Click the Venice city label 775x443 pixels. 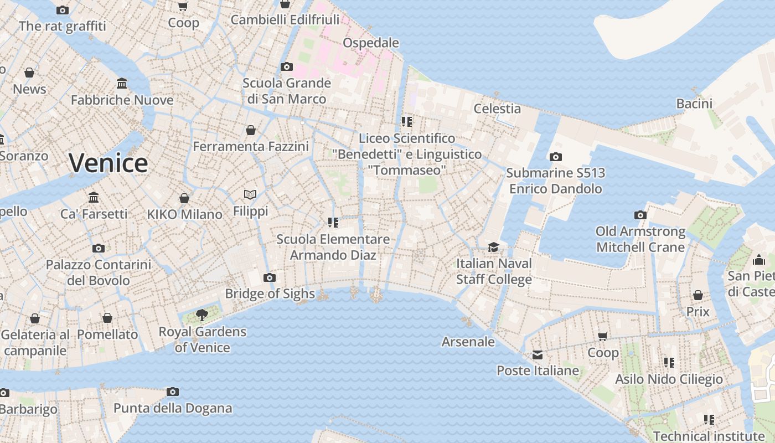coord(108,163)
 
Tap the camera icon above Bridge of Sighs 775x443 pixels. coord(270,277)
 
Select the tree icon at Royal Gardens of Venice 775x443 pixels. coord(202,316)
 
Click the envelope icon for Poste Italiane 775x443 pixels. coord(538,355)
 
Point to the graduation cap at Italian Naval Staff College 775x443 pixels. coord(493,247)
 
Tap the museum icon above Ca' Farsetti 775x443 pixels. coord(94,198)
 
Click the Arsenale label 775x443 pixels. coord(468,342)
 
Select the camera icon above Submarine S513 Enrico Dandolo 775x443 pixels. coord(556,157)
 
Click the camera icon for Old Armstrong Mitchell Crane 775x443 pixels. coord(640,215)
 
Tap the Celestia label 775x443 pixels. coord(497,109)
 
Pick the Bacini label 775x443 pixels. coord(694,104)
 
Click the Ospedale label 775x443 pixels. coord(371,43)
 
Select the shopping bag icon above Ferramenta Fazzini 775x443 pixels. coord(251,130)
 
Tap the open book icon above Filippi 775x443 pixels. coord(250,194)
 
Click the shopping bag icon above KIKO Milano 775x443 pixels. coord(184,198)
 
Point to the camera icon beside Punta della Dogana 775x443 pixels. coord(173,392)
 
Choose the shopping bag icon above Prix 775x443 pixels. coord(698,295)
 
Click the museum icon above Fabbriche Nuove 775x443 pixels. coord(122,84)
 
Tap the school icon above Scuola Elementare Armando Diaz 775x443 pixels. coord(333,223)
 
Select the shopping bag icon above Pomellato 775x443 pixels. coord(107,318)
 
